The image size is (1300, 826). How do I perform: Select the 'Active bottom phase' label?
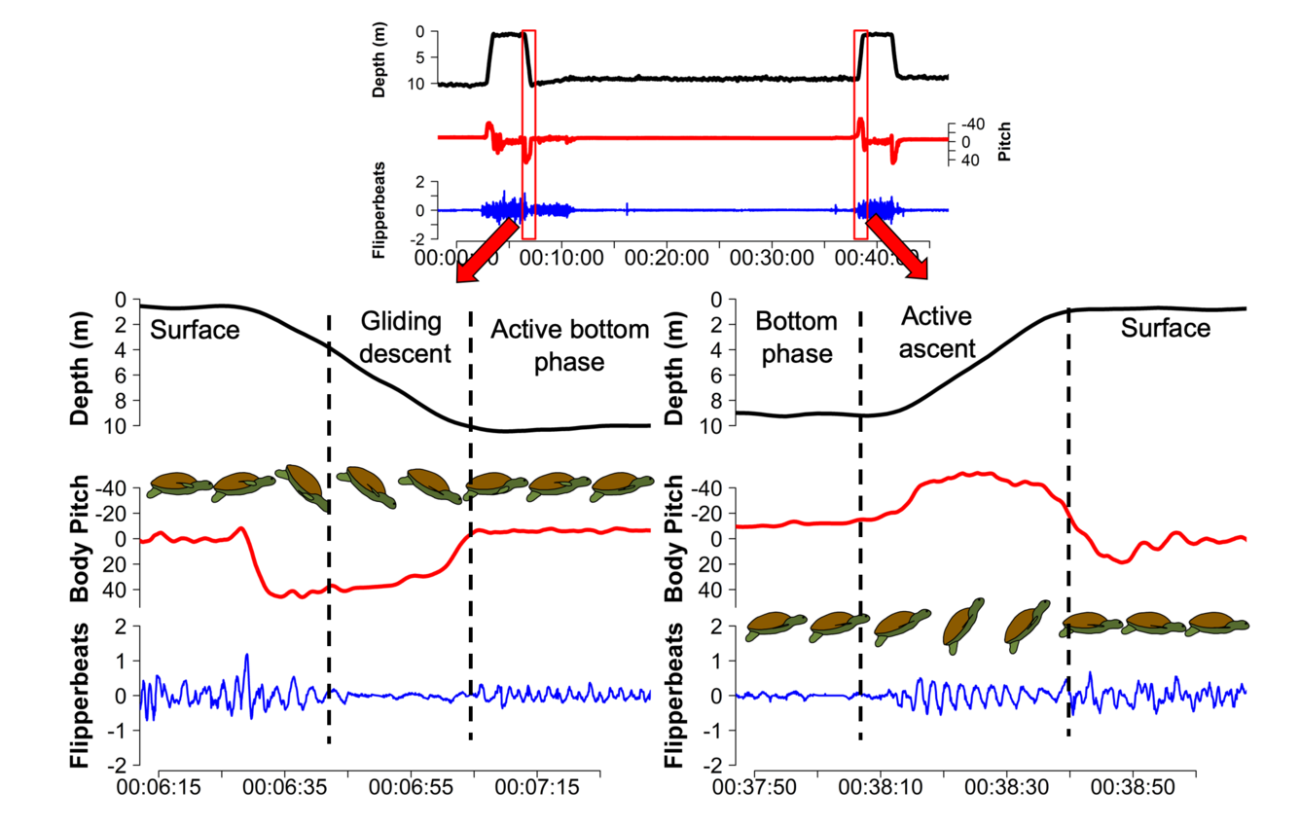(x=569, y=345)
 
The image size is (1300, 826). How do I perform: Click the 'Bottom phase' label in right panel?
(x=795, y=337)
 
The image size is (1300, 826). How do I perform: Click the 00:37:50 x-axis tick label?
(x=755, y=784)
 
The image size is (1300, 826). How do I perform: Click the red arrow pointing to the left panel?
(x=483, y=256)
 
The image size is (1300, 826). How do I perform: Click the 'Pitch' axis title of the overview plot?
(x=1004, y=140)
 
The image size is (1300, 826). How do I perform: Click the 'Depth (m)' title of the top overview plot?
(x=379, y=59)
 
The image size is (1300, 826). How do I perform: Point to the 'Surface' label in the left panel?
(x=195, y=330)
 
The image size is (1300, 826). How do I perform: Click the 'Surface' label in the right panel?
(x=1165, y=328)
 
